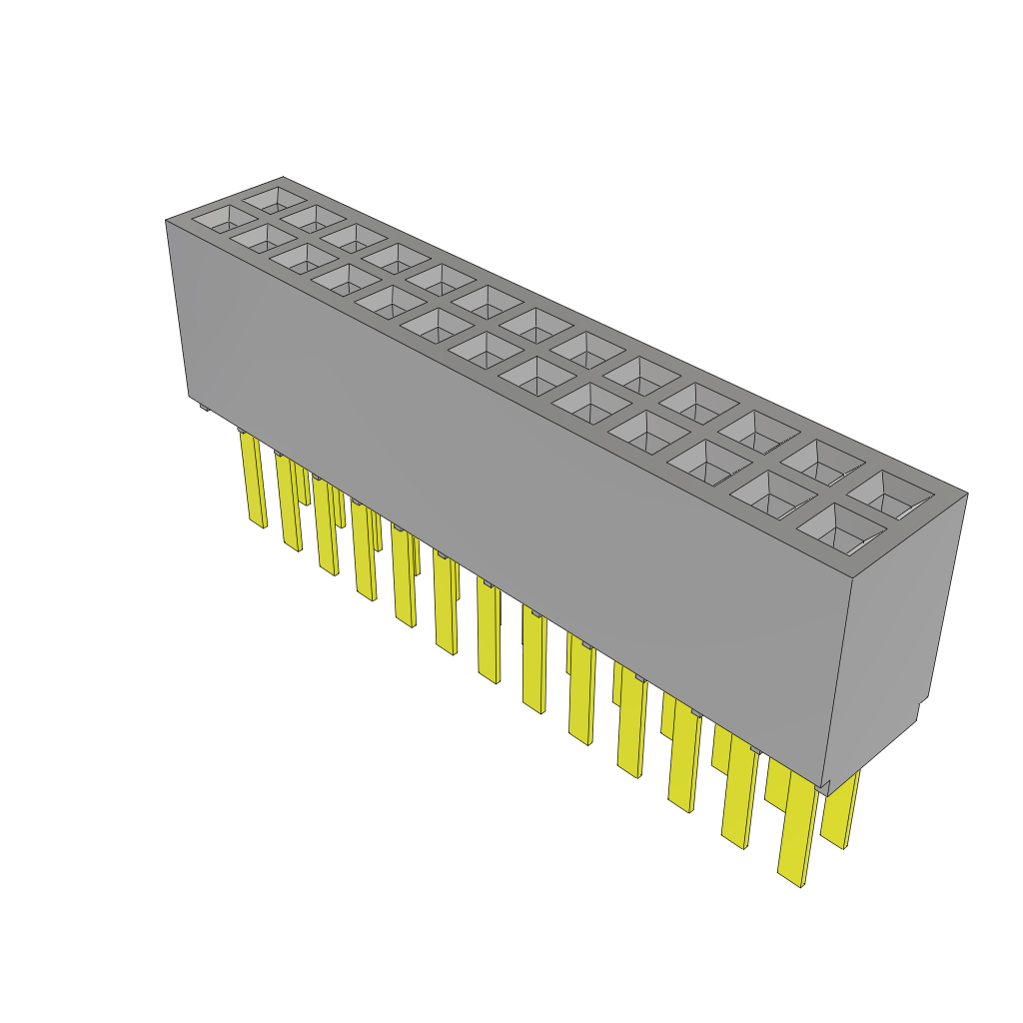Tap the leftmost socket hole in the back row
(x=269, y=198)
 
